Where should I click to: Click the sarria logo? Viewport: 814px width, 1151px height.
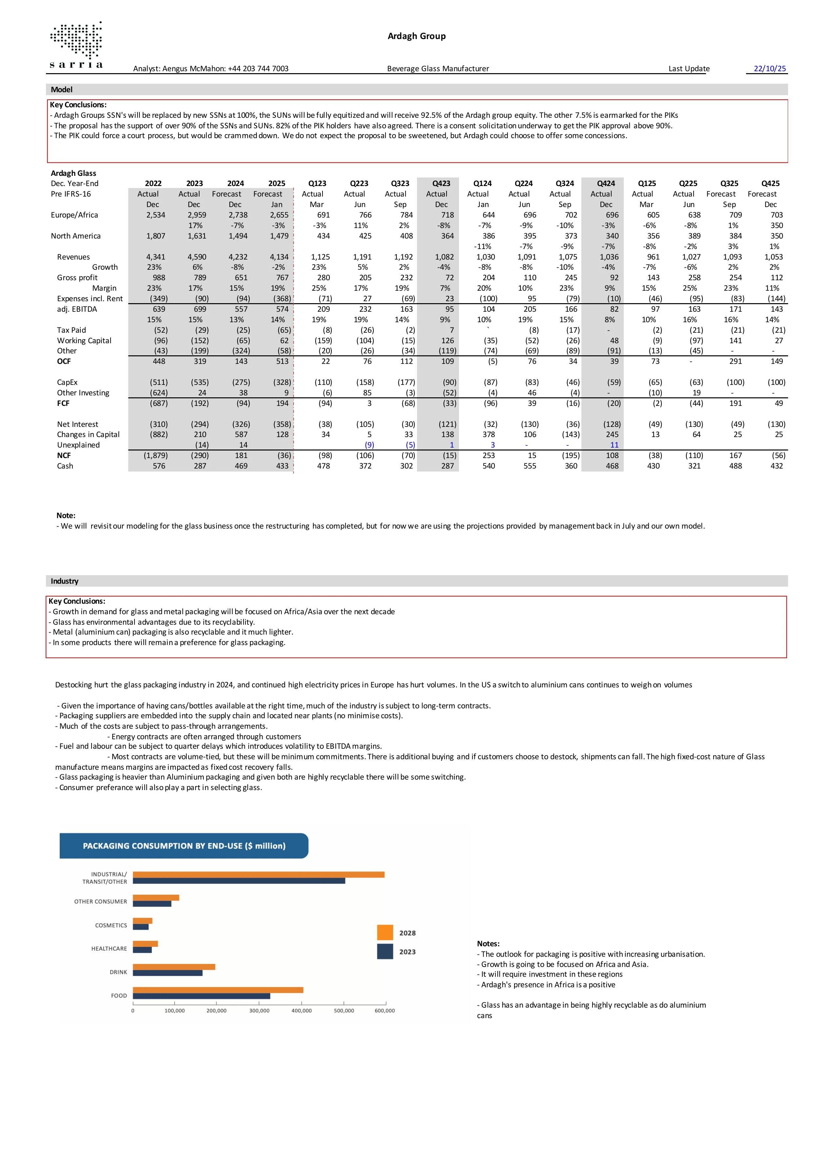76,46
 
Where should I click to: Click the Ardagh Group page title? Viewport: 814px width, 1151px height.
417,36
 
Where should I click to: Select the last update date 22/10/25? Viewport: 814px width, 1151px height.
769,69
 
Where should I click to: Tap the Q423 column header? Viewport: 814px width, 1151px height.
441,183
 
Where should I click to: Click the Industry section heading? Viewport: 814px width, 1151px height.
65,581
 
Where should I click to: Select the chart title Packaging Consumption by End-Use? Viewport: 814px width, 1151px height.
184,846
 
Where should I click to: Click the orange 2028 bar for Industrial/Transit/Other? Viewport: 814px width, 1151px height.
259,875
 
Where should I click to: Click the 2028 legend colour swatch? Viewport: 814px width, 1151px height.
385,933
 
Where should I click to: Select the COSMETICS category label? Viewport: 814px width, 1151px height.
111,925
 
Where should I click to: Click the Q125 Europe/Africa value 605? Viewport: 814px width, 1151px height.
653,215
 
